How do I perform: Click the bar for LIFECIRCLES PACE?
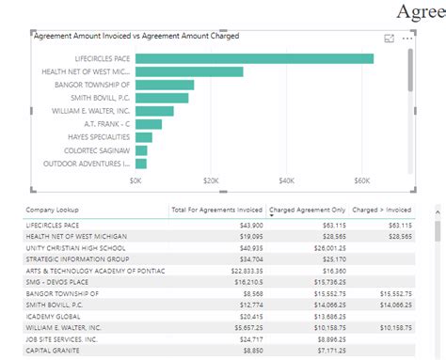(254, 58)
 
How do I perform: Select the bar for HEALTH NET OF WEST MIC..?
(189, 71)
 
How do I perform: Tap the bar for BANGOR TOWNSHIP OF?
(165, 85)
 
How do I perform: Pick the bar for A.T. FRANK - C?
(149, 124)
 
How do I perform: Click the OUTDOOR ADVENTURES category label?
(90, 163)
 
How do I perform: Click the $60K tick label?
(361, 180)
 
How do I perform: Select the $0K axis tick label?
(136, 180)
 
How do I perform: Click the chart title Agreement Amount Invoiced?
(135, 36)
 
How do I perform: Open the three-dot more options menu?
(407, 39)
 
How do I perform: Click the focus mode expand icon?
(390, 39)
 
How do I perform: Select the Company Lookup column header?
(54, 210)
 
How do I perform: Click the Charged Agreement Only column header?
(307, 210)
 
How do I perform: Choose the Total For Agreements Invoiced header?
(216, 210)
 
